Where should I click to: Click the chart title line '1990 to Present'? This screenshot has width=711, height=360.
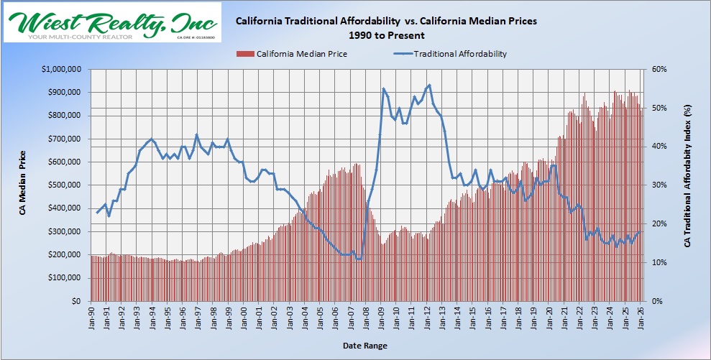click(386, 34)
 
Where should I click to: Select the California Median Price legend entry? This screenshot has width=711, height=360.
click(296, 53)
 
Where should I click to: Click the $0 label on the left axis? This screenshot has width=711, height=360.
click(74, 302)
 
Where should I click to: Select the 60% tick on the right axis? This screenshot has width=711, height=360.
click(660, 69)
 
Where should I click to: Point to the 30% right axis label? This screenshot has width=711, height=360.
click(660, 185)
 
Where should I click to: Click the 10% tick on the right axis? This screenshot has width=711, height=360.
click(660, 263)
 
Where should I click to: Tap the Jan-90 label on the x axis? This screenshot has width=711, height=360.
click(92, 317)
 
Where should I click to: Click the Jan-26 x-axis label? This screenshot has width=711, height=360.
click(641, 317)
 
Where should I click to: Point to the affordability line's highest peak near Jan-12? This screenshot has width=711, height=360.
click(429, 85)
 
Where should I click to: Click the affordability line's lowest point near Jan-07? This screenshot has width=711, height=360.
click(358, 259)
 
